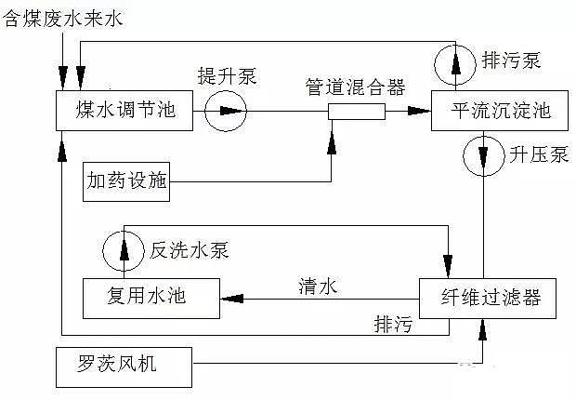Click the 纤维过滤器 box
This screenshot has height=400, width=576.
point(489,299)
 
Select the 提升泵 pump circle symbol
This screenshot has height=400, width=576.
point(225,113)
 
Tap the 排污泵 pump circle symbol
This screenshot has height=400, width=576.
point(455,62)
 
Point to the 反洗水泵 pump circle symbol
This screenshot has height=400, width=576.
point(123,250)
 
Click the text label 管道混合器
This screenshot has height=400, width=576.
point(356,87)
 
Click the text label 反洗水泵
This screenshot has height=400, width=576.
point(190,250)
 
